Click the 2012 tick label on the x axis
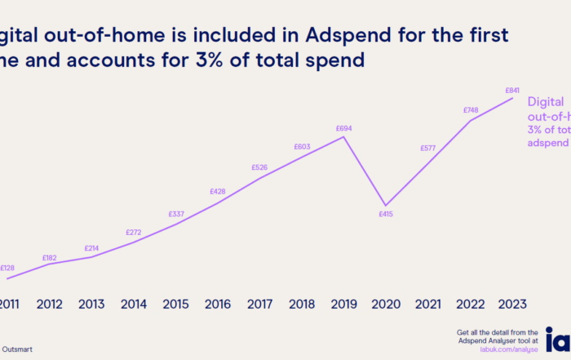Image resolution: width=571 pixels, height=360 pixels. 50,304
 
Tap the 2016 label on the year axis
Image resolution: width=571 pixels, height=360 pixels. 217,304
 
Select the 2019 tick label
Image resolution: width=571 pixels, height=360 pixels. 343,304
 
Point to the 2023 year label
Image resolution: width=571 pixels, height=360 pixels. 512,304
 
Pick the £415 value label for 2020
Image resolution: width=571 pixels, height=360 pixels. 386,214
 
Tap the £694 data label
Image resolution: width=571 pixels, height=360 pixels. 343,128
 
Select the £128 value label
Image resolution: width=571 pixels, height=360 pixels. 8,268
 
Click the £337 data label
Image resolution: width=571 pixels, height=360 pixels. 175,215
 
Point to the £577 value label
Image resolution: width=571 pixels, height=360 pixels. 427,149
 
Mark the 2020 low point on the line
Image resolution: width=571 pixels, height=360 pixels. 386,205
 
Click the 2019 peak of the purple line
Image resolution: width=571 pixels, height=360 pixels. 344,136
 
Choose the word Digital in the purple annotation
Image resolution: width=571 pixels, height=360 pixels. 546,102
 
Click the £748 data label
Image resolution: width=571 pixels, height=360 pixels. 470,110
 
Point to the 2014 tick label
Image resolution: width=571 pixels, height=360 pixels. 134,304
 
